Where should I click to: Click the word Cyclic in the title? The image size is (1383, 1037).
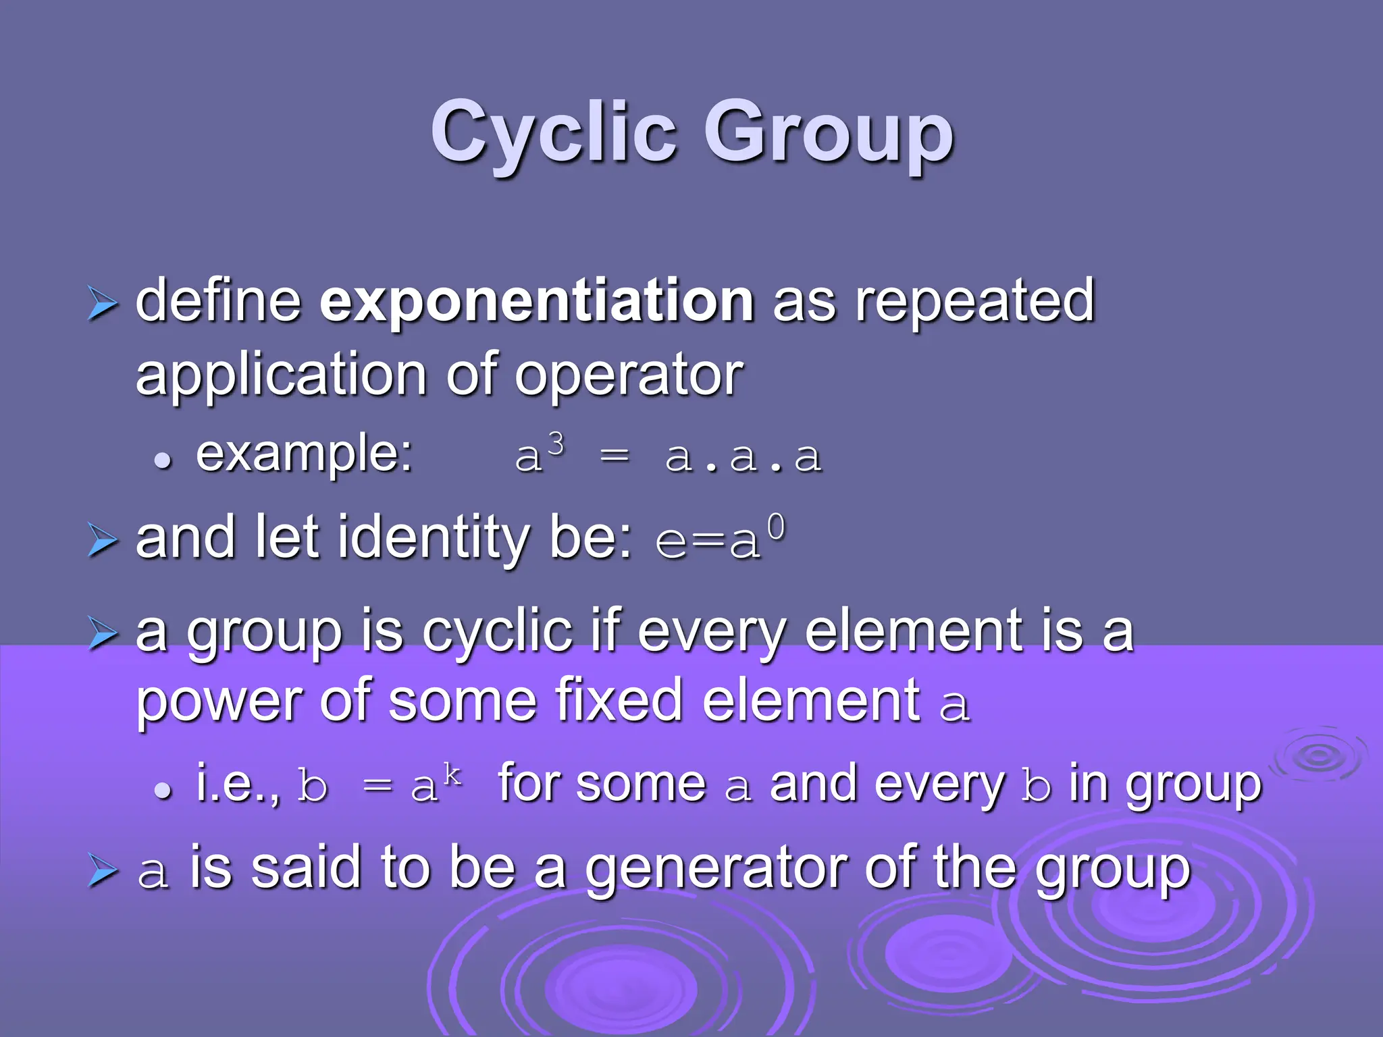pos(554,132)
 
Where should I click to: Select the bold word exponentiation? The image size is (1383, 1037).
pos(536,301)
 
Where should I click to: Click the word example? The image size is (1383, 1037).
pos(305,454)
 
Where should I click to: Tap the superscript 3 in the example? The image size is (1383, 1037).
pos(556,445)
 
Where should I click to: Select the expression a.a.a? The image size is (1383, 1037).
pos(743,457)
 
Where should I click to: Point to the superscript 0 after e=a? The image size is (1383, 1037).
pos(777,528)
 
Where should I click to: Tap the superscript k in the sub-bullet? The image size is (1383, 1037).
pos(452,776)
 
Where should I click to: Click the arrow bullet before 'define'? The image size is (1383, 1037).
pos(103,304)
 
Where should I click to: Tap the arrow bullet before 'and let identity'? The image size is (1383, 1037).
pos(103,541)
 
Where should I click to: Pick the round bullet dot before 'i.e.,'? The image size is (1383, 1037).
pos(162,791)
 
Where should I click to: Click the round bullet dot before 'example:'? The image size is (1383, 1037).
pos(162,461)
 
